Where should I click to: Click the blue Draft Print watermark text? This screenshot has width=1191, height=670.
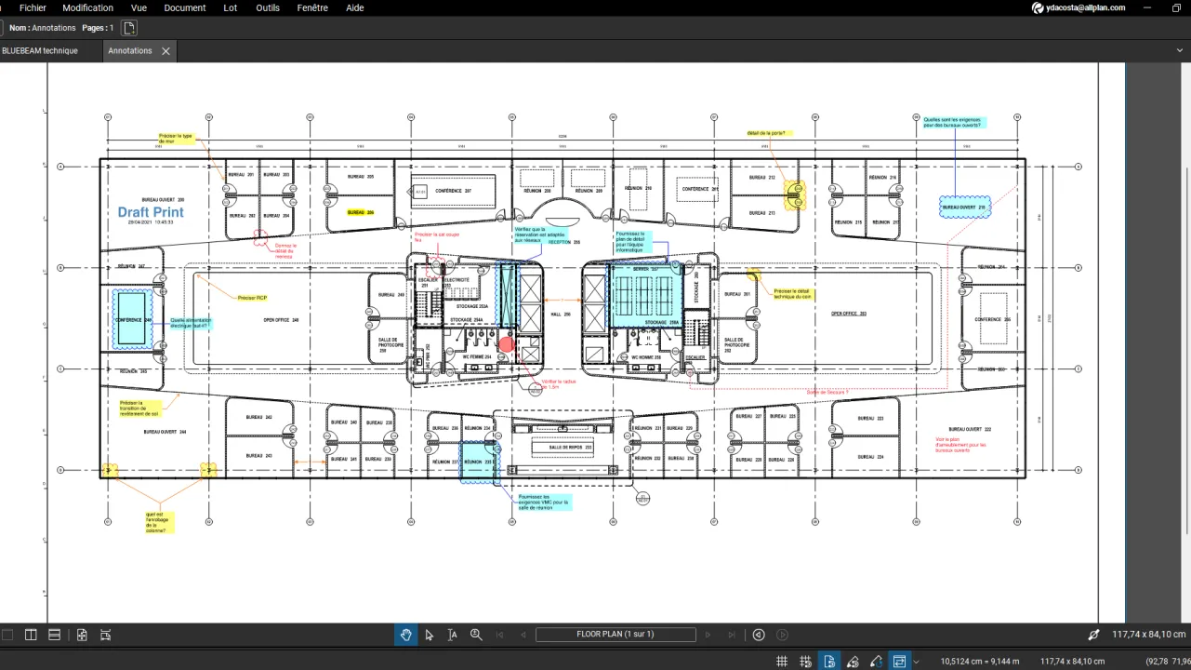pyautogui.click(x=151, y=212)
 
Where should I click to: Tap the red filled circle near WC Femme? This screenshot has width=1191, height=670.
pyautogui.click(x=506, y=344)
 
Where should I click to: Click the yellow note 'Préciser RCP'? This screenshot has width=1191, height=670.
pyautogui.click(x=253, y=298)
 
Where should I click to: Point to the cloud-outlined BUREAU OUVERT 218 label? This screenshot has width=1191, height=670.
pyautogui.click(x=963, y=207)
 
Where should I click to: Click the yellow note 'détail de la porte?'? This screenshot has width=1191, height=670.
pyautogui.click(x=766, y=133)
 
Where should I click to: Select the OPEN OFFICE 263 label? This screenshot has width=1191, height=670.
pyautogui.click(x=848, y=314)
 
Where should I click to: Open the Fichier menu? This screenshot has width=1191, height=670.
pyautogui.click(x=33, y=7)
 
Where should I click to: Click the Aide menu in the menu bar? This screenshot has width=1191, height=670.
pyautogui.click(x=354, y=7)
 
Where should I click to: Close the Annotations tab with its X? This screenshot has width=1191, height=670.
pyautogui.click(x=165, y=51)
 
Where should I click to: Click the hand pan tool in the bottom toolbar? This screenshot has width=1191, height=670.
pyautogui.click(x=405, y=635)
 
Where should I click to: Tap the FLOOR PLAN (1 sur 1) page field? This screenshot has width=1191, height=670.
pyautogui.click(x=615, y=635)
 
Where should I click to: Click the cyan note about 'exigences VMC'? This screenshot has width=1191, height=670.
pyautogui.click(x=544, y=502)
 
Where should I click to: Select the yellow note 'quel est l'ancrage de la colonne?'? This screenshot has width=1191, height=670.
pyautogui.click(x=159, y=522)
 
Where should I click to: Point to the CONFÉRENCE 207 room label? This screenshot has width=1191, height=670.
pyautogui.click(x=455, y=191)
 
